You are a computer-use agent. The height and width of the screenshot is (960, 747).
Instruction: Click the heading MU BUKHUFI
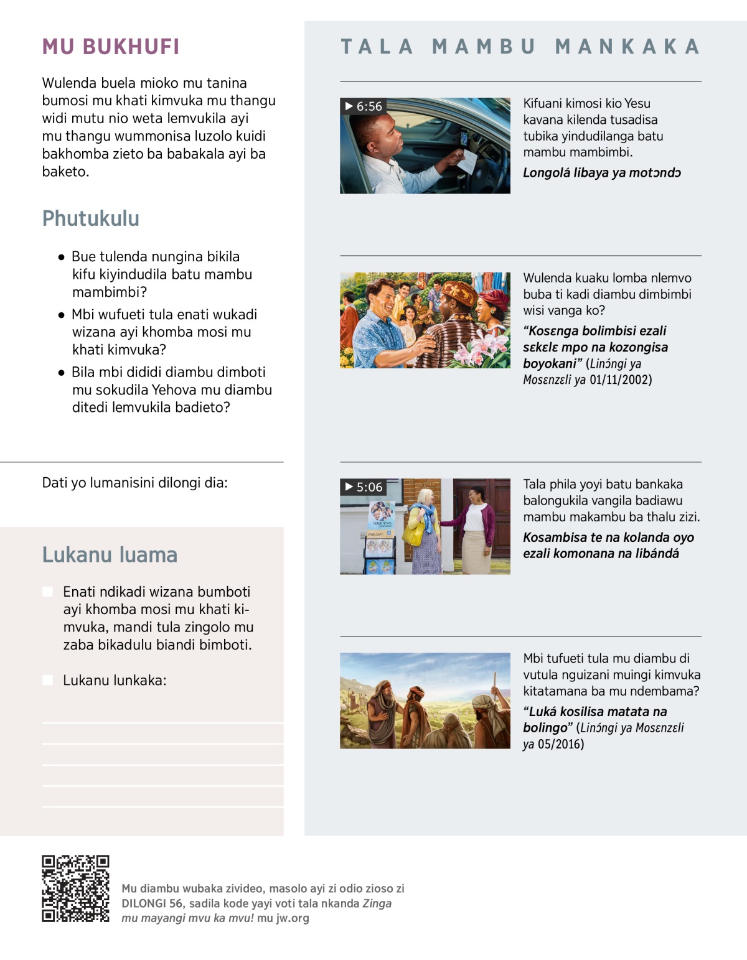[x=111, y=47]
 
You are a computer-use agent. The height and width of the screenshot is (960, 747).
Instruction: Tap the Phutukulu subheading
[x=91, y=218]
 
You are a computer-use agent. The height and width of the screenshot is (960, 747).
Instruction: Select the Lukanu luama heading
[x=110, y=554]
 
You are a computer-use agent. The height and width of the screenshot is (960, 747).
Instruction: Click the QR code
[x=75, y=888]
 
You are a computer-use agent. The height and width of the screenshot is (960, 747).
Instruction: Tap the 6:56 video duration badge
[x=364, y=106]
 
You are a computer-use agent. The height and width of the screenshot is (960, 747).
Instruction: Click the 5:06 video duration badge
[x=364, y=487]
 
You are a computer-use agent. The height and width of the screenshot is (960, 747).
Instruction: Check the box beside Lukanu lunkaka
[x=47, y=680]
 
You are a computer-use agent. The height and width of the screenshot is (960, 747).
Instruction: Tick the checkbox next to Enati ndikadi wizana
[x=47, y=592]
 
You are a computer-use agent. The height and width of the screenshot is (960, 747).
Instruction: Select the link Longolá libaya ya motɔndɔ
[x=601, y=173]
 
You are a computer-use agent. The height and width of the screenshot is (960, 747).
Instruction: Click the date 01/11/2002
[x=621, y=380]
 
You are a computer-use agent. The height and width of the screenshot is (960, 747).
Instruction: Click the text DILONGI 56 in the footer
[x=153, y=903]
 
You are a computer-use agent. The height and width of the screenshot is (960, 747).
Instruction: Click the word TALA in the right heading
[x=377, y=47]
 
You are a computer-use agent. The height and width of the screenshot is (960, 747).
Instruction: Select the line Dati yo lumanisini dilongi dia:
[x=134, y=483]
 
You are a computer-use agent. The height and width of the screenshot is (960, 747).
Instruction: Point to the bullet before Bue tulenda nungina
[x=61, y=257]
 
